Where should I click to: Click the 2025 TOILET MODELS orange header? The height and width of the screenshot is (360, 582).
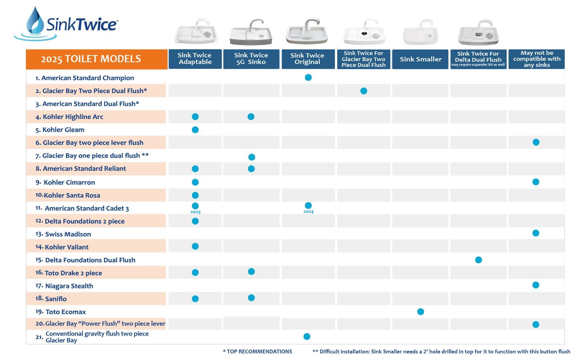[97, 59]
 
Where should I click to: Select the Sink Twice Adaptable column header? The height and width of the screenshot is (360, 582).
[195, 59]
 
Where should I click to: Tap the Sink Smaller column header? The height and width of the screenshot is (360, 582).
[420, 59]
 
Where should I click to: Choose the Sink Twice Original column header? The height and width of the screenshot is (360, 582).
[308, 59]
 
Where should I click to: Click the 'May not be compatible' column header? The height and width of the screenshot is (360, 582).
[537, 59]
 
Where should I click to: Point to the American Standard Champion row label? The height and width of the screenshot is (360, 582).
[85, 78]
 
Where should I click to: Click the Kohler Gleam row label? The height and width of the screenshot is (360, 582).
[60, 129]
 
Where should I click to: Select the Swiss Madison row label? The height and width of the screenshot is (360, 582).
[63, 234]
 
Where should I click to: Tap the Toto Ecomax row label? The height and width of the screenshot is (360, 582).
[60, 312]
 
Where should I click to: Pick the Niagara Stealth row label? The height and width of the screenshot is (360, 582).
[64, 286]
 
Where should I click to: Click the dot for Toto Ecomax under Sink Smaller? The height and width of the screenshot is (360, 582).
[420, 311]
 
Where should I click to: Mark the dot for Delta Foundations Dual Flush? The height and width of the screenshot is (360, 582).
[478, 260]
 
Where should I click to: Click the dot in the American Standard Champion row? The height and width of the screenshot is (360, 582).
[308, 77]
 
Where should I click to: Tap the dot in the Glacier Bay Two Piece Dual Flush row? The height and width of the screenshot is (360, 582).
[364, 91]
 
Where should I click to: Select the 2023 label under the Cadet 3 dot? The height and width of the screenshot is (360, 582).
[195, 212]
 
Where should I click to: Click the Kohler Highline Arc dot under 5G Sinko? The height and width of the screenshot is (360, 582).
[251, 117]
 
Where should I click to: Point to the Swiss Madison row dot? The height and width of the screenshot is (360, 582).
[536, 233]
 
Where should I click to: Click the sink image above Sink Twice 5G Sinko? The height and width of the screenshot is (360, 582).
[251, 32]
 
